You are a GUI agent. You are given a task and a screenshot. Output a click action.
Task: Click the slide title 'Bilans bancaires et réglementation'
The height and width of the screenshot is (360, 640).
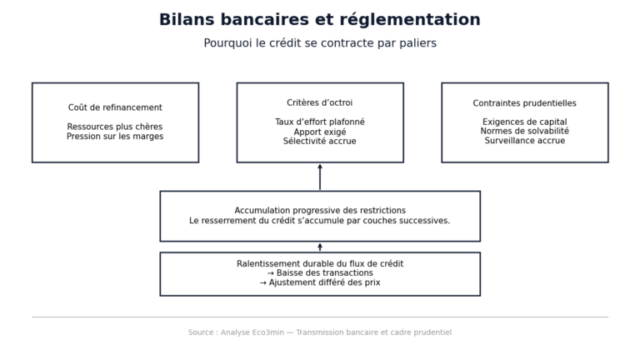(320, 20)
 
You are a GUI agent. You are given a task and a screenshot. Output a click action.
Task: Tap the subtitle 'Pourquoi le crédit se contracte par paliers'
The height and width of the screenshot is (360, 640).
(320, 43)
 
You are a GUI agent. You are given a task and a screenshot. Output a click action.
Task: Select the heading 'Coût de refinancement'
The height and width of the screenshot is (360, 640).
(115, 107)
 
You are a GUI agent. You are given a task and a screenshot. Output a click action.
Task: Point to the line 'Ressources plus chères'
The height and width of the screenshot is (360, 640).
(115, 127)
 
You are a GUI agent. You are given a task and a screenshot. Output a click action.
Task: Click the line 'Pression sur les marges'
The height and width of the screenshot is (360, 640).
(115, 137)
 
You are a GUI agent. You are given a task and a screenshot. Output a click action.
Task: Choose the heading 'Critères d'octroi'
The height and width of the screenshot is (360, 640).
(320, 103)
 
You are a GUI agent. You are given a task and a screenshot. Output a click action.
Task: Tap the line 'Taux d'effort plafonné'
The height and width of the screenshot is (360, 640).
(320, 122)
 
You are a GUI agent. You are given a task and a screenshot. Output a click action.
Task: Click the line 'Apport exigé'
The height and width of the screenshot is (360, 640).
(320, 132)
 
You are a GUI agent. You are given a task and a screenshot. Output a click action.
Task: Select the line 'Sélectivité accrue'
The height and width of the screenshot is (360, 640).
(320, 142)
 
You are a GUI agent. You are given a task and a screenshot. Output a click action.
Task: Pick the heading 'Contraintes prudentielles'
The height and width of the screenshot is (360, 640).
(525, 103)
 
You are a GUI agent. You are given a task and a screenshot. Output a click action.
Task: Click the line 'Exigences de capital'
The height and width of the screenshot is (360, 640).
(525, 122)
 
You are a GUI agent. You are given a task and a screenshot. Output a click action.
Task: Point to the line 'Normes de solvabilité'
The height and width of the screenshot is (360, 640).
(525, 132)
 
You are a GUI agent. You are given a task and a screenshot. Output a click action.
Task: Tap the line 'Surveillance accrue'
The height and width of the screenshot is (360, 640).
(525, 142)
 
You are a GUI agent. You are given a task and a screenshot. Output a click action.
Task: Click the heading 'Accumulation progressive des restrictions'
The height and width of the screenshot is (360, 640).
(320, 211)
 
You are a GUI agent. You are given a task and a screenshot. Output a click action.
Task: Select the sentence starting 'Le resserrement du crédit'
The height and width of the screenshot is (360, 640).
(320, 221)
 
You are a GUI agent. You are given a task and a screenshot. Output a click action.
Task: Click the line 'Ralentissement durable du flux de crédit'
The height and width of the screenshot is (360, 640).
(320, 264)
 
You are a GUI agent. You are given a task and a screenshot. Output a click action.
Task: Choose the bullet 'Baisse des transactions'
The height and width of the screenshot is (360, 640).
(320, 273)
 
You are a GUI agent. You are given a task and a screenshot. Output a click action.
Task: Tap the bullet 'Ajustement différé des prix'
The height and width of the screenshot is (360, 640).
(320, 282)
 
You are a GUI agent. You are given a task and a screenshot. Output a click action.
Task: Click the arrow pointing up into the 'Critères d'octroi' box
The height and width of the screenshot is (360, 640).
(320, 177)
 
